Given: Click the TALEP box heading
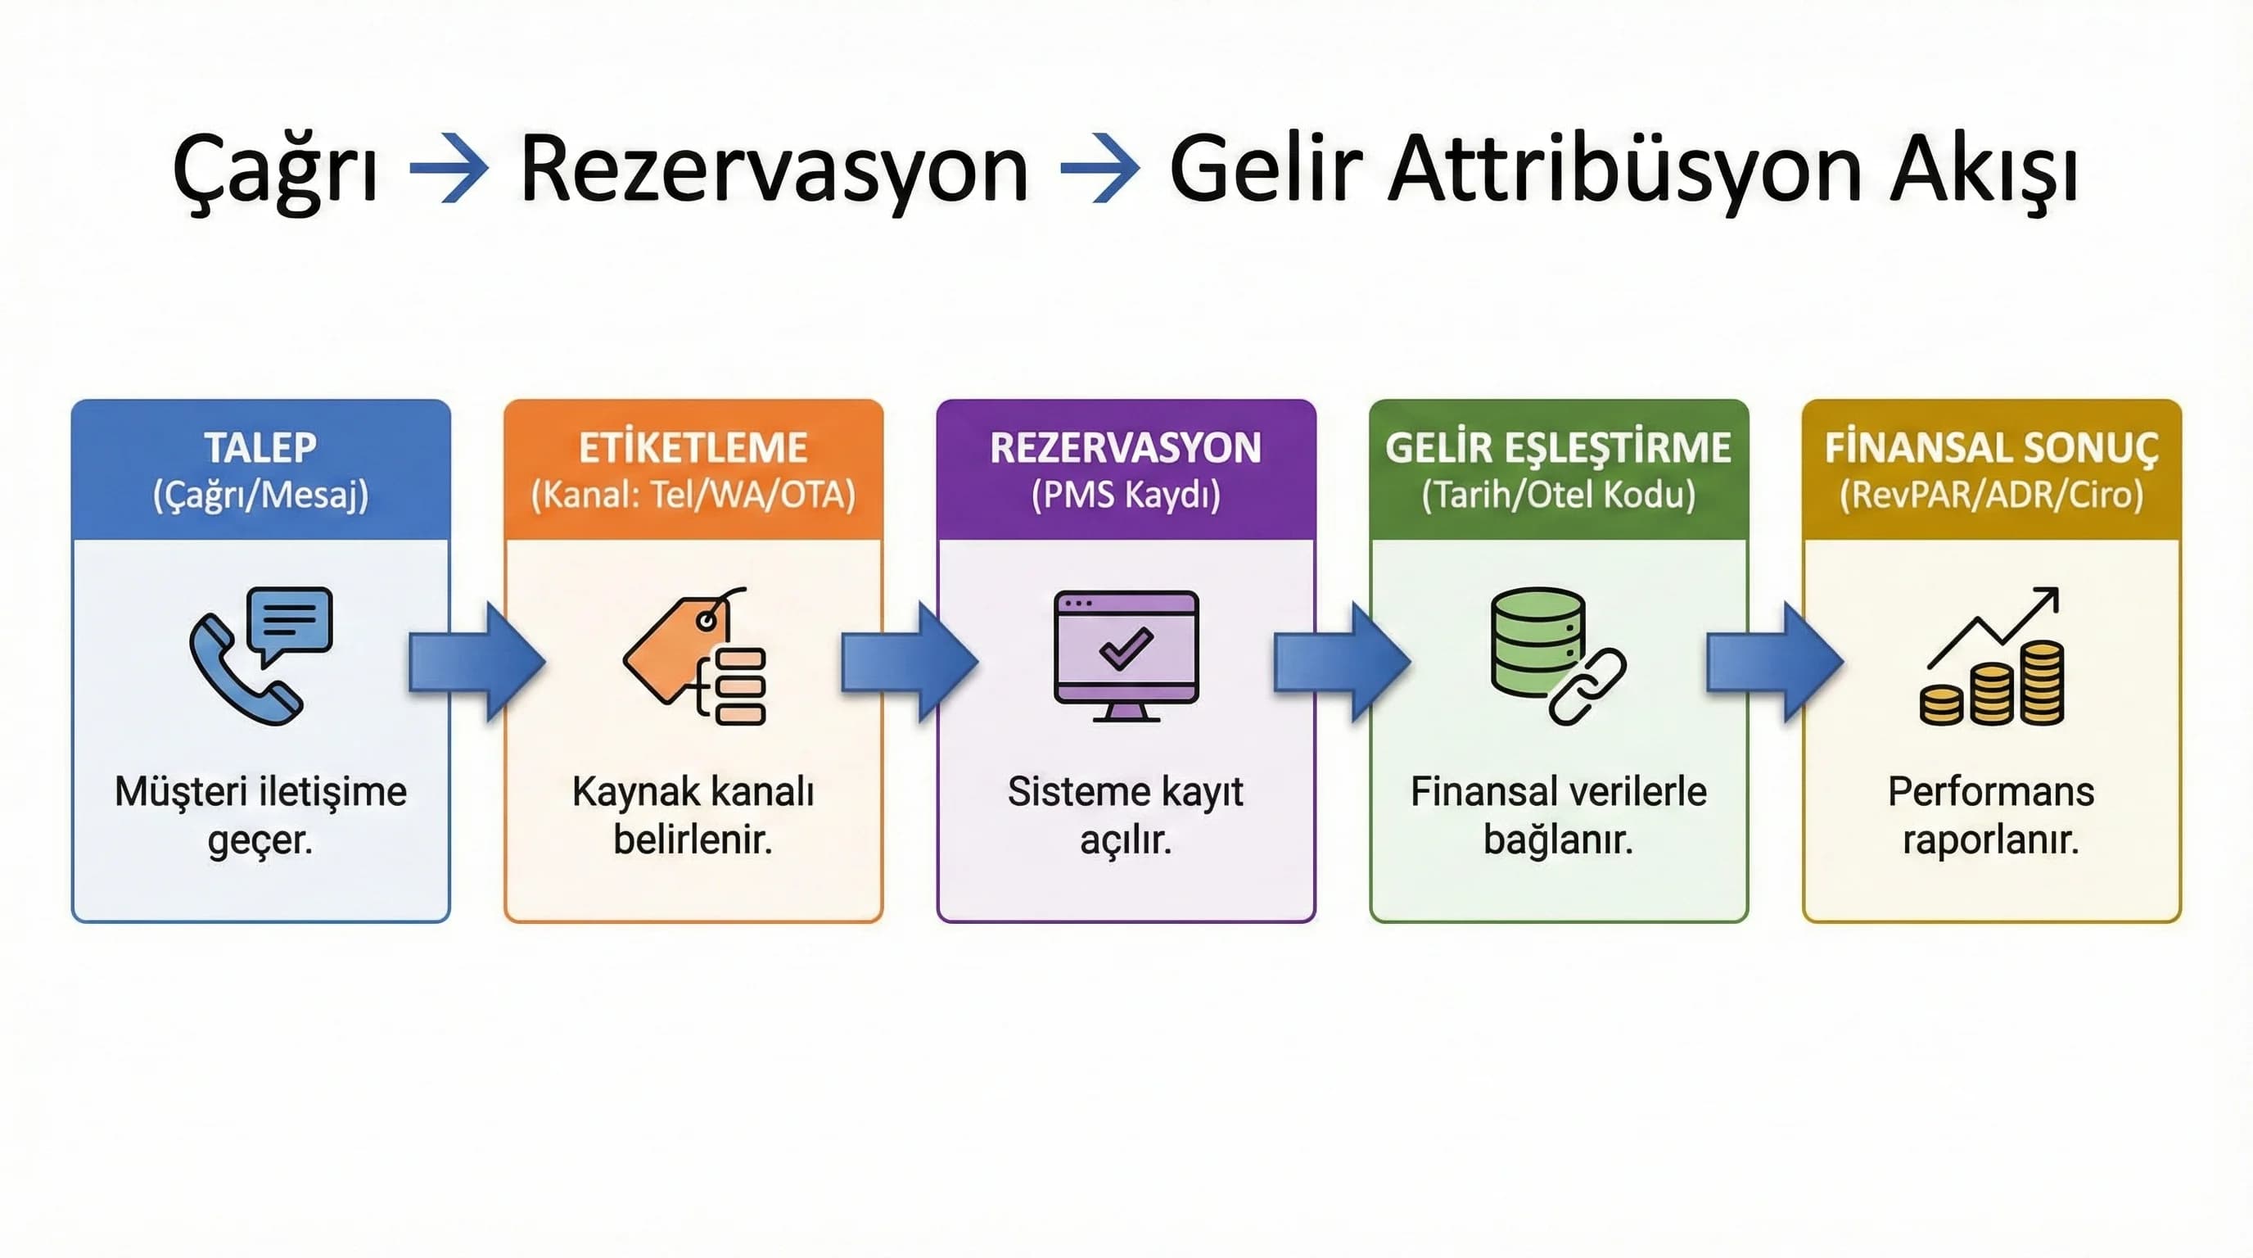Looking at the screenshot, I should coord(260,448).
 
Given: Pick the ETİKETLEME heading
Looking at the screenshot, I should coord(693,448).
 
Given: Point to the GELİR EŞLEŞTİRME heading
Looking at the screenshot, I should coord(1558,448).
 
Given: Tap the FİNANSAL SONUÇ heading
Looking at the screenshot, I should coord(1991,448).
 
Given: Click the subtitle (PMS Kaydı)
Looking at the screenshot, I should coord(1126,496).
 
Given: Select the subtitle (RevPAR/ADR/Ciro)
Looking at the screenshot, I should coord(1991,496).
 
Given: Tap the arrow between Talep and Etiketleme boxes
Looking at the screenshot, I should coord(476,662).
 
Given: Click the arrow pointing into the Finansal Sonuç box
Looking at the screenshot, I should coord(1775,662).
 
